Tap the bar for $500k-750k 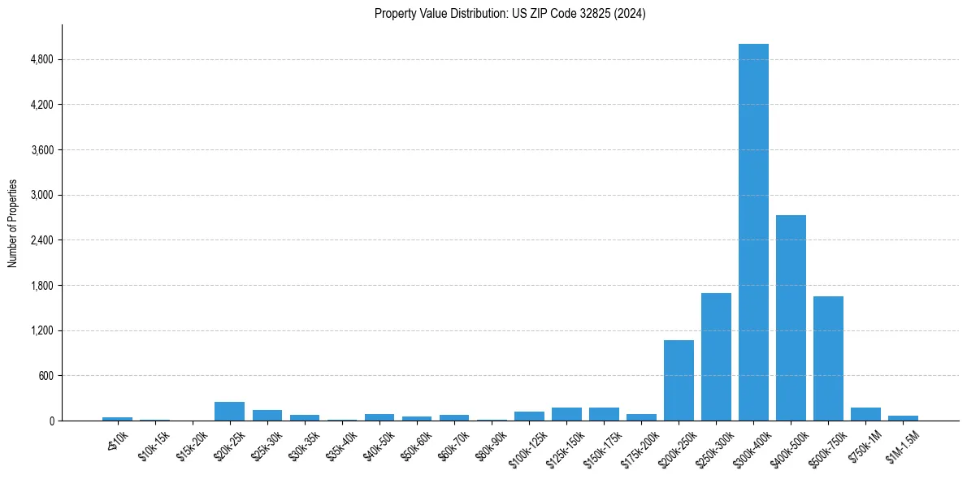[828, 358]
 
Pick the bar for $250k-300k [716, 356]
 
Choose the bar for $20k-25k [229, 412]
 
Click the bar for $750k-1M [865, 414]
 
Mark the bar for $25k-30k [267, 416]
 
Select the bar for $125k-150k [566, 414]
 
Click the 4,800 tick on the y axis [41, 60]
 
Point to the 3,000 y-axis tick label [41, 196]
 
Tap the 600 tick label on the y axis [45, 376]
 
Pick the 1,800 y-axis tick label [41, 286]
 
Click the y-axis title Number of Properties [13, 223]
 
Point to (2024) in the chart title [631, 14]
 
